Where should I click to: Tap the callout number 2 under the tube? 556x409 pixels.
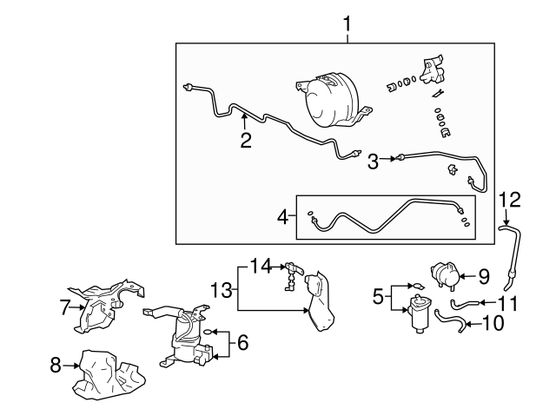246,140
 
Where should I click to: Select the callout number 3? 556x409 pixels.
372,161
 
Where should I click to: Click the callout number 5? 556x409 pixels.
377,296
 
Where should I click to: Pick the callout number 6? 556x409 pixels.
242,343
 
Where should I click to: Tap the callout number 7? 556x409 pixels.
63,306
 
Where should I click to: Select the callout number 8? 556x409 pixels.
56,366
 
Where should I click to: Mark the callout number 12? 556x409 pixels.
511,201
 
